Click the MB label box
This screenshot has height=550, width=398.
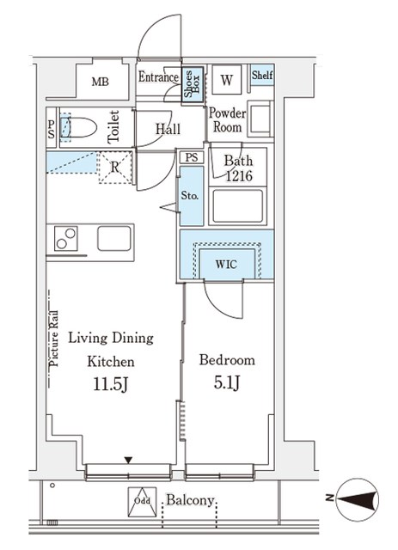click(101, 83)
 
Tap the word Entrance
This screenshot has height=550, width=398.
click(158, 77)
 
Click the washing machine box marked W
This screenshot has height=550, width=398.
click(226, 81)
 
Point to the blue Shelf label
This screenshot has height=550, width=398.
click(261, 76)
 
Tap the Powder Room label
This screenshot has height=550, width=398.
click(228, 120)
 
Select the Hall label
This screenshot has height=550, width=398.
click(168, 129)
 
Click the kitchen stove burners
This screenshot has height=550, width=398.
click(66, 238)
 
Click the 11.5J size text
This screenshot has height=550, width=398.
click(111, 383)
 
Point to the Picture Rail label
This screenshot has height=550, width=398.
click(52, 339)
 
